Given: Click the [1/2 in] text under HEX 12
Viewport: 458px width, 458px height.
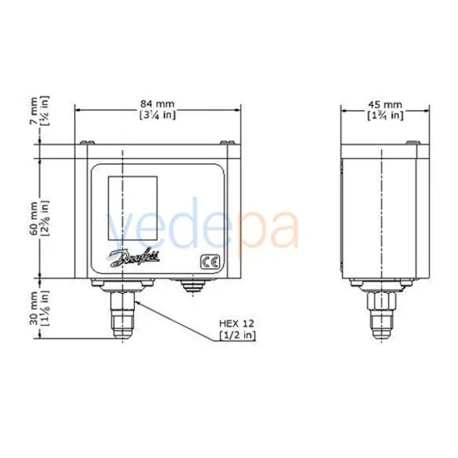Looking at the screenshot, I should coord(237,335).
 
